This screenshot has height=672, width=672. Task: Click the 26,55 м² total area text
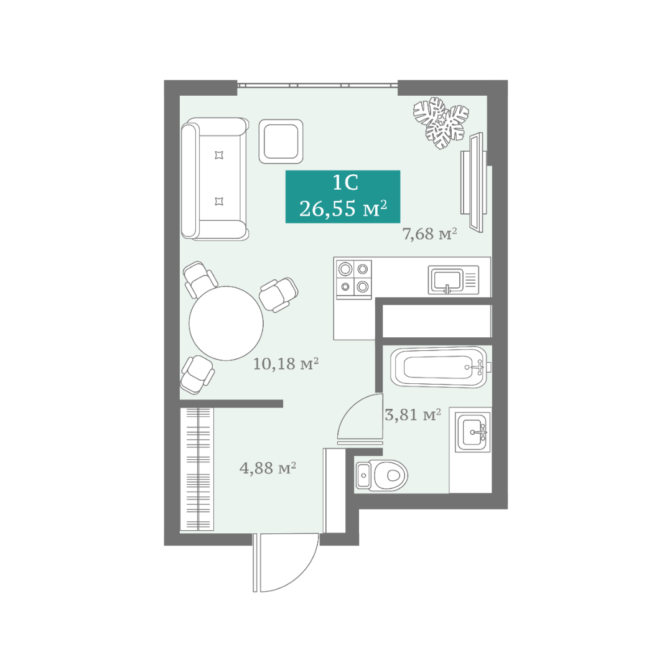tap(343, 208)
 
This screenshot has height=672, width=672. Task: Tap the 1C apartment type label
tap(345, 183)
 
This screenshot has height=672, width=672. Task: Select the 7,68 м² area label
tap(429, 234)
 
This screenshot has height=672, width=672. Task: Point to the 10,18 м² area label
tap(286, 364)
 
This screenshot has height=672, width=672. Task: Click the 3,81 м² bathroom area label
tap(413, 414)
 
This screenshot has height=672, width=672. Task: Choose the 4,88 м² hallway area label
tap(268, 467)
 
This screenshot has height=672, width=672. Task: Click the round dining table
tap(226, 323)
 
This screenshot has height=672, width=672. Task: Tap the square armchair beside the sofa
tap(281, 141)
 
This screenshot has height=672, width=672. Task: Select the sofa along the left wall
tap(215, 179)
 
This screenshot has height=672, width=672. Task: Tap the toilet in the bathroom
tap(381, 475)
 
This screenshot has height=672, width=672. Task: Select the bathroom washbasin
tap(472, 432)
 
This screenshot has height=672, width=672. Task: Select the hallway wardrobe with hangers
tap(197, 469)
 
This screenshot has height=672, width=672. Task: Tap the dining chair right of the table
tap(279, 294)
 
